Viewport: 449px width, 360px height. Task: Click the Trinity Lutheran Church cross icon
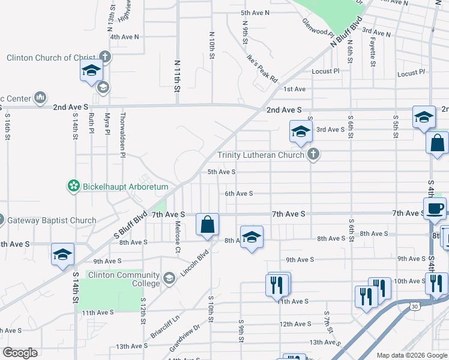[x=312, y=155]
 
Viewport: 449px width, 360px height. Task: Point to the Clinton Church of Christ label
[x=51, y=58]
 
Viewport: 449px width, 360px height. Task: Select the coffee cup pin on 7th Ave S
[x=434, y=209]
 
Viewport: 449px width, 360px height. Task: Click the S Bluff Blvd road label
[x=128, y=226]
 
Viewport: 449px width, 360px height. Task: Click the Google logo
[x=20, y=353]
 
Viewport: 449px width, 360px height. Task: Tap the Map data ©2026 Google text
[x=411, y=355]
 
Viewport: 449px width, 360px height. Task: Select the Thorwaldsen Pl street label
[x=122, y=135]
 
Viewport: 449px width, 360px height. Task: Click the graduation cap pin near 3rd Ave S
[x=301, y=132]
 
